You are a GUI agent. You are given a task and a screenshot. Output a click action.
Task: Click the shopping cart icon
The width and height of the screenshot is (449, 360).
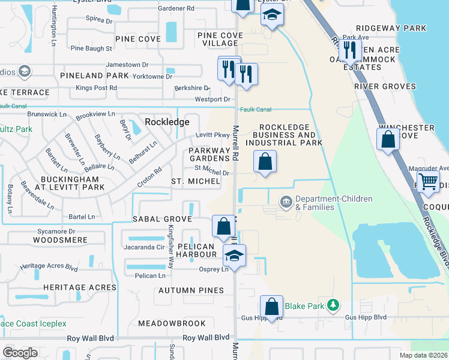[428, 180]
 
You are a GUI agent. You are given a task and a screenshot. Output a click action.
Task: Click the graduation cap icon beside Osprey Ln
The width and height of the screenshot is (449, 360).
[233, 255]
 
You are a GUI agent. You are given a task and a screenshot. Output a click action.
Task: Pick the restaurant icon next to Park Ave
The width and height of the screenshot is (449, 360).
[347, 51]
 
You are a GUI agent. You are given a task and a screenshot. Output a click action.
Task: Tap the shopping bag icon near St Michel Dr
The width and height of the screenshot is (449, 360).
[265, 161]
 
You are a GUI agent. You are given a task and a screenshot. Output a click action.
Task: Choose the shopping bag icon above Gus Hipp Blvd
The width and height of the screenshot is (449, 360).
[271, 305]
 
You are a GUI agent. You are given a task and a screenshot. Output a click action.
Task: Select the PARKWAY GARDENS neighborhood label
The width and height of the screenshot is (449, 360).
[209, 154]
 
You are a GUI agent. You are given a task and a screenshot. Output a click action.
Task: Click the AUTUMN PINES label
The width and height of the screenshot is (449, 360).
[191, 290]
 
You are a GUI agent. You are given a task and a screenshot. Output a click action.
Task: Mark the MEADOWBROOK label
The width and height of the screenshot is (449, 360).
[164, 323]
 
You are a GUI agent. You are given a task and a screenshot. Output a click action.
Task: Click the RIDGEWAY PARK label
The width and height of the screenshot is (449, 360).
[391, 28]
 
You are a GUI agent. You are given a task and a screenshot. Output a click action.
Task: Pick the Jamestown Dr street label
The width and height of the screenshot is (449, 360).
[127, 65]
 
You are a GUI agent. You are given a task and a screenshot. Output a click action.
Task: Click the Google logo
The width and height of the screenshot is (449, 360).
[20, 353]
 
